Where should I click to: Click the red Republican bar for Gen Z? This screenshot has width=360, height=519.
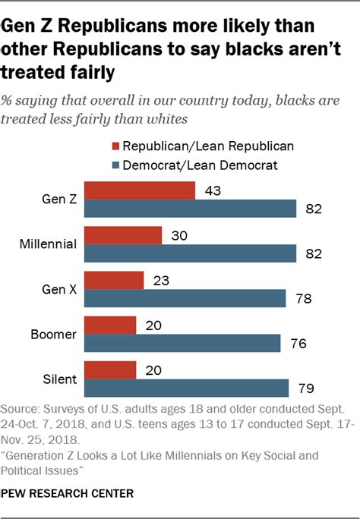(x=139, y=190)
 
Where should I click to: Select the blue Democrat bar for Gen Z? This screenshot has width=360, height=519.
(x=190, y=209)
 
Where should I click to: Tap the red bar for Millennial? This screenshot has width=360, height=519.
(x=122, y=235)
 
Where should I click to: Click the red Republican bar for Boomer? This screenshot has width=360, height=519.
(x=110, y=325)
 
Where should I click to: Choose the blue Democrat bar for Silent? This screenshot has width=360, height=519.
(x=186, y=388)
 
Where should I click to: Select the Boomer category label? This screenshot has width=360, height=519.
(x=54, y=334)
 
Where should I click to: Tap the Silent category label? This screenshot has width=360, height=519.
(x=58, y=379)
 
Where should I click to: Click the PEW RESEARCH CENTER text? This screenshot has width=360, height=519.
(x=68, y=493)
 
